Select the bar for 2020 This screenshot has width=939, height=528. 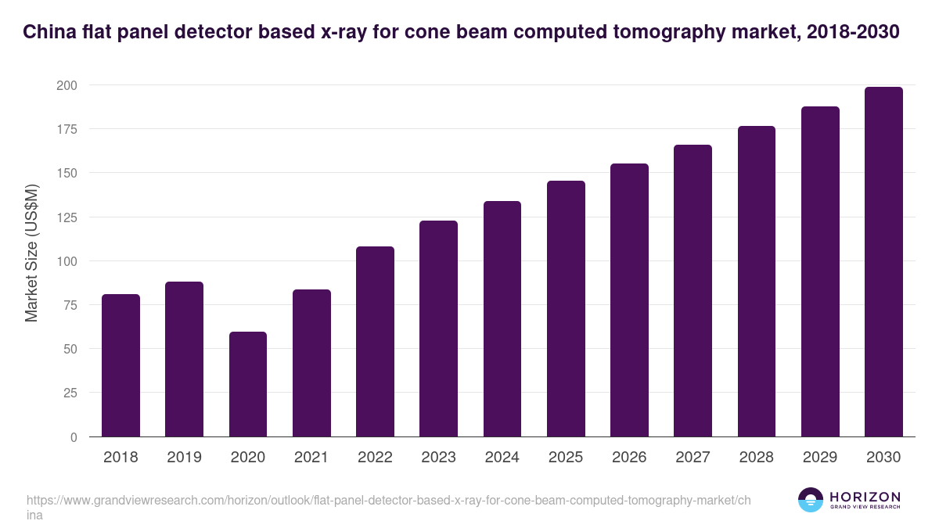[248, 384]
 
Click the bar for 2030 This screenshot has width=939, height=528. [883, 262]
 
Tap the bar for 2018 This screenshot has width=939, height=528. [121, 365]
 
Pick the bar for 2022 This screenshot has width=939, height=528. [375, 342]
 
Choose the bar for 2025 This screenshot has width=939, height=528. [566, 309]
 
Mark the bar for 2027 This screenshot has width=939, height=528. [693, 291]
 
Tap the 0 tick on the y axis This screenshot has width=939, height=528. [74, 436]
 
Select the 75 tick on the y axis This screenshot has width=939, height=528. [70, 304]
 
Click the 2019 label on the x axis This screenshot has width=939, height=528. [184, 458]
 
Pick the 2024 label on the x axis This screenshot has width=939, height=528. [502, 458]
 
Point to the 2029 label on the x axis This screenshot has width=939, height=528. [820, 458]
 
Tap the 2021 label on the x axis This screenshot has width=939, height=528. [311, 458]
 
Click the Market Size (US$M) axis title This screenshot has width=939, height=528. [32, 252]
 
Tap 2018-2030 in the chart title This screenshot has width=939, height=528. [852, 32]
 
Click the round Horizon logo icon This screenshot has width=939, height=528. [811, 501]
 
